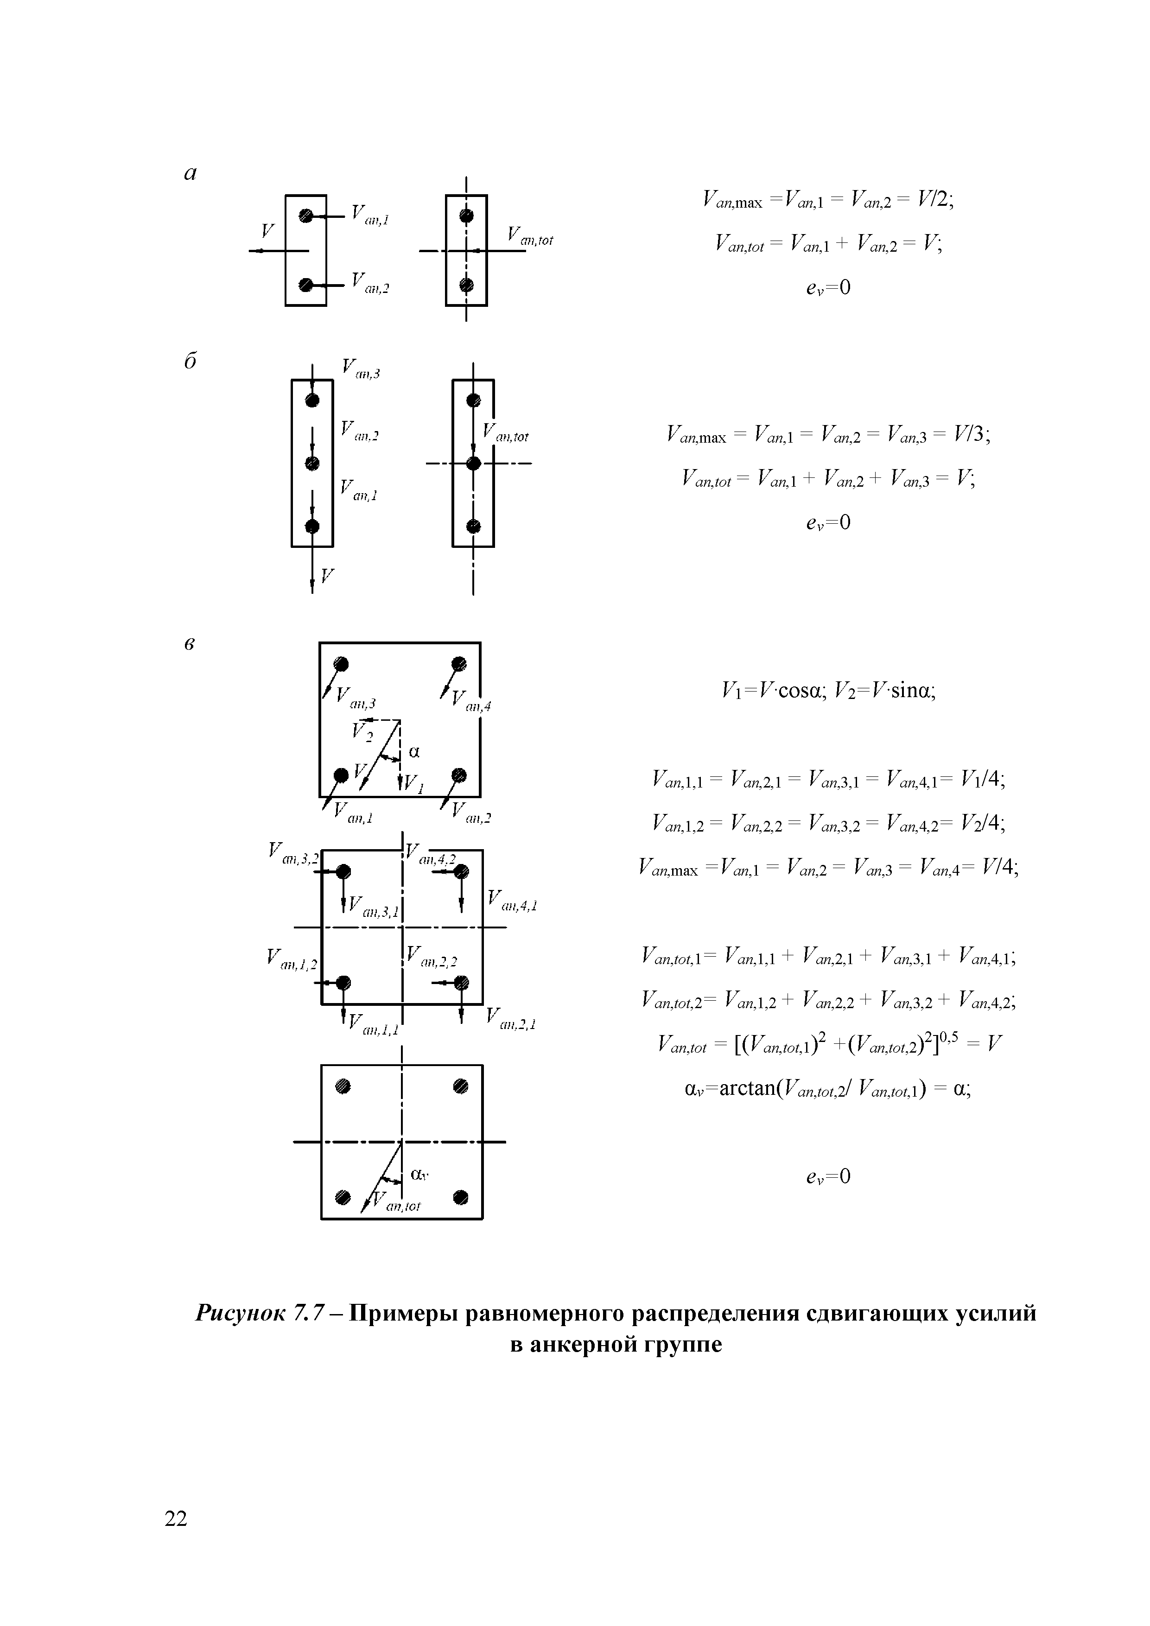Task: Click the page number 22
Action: point(176,1518)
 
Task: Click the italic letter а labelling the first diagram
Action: point(190,173)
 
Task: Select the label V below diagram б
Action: point(327,575)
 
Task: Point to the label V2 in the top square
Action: point(362,731)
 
